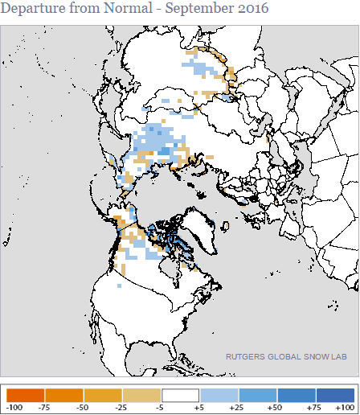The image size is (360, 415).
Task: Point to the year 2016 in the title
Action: tap(247, 9)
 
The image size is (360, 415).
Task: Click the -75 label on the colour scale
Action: tap(46, 407)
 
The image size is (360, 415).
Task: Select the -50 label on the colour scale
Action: tap(84, 407)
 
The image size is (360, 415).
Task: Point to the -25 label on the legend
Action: tap(123, 407)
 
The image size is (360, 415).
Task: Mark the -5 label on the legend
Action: tap(162, 407)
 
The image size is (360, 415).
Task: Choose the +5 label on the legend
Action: tap(200, 407)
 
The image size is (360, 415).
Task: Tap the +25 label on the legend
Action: tap(239, 407)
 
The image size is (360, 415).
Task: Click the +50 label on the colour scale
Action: tap(277, 407)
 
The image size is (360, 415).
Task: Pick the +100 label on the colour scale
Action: tap(347, 407)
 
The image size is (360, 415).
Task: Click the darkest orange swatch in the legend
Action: tap(26, 395)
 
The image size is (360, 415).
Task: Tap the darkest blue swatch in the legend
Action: tap(334, 395)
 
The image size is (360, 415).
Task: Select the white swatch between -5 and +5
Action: tap(181, 395)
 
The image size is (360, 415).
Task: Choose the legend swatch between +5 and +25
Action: tap(219, 395)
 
